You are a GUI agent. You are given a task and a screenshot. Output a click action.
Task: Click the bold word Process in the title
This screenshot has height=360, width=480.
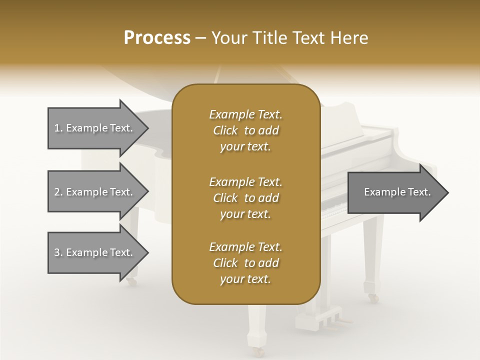[x=157, y=37]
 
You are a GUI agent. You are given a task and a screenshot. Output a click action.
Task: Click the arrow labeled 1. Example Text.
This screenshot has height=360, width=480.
[x=95, y=128]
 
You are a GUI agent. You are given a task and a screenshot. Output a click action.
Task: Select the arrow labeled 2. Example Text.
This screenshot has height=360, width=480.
[x=95, y=192]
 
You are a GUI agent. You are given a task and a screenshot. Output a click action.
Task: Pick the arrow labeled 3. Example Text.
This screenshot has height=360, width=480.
[x=95, y=252]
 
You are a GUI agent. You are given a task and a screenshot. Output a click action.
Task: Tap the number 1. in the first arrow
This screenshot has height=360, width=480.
[x=58, y=128]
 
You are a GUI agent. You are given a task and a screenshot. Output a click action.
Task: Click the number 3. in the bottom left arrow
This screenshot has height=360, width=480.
[x=58, y=252]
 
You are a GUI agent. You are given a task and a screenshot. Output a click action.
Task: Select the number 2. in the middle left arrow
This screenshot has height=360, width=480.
[x=58, y=192]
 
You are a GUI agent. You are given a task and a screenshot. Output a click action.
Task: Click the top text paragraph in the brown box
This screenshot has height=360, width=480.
[x=245, y=130]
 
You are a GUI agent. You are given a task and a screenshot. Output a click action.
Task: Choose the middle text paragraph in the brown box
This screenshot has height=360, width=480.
[x=245, y=198]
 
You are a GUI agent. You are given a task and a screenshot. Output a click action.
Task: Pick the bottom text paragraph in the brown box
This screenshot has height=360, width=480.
[x=245, y=263]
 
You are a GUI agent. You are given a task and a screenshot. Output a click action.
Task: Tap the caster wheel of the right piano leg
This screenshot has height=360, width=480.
[x=373, y=298]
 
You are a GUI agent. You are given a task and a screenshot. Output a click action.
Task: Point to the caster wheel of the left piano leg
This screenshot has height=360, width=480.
[x=131, y=282]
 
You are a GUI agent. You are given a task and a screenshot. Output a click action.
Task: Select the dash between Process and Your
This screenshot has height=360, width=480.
[x=201, y=38]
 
